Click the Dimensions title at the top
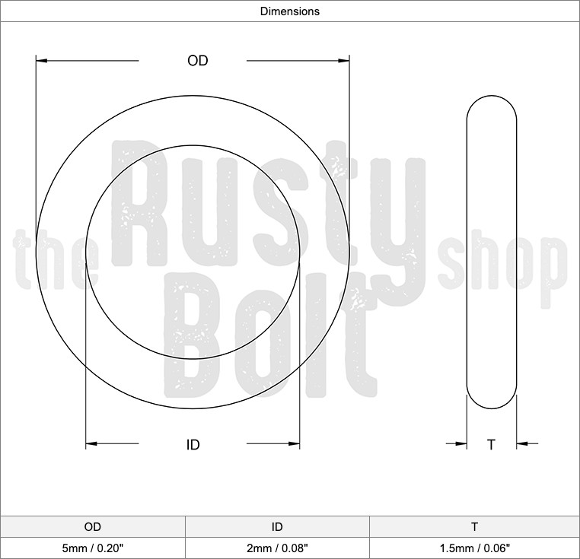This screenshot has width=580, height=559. coord(289,11)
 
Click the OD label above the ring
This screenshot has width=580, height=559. coord(198,61)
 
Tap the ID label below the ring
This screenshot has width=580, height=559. coord(193,445)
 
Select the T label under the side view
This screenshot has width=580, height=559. coord(491,445)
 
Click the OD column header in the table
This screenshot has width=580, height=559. coord(92,526)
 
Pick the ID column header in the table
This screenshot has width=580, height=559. coord(277,526)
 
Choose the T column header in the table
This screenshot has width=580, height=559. coord(474,526)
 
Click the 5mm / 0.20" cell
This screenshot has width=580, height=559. coord(92,547)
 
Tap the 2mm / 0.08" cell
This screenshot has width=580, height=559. coord(277,547)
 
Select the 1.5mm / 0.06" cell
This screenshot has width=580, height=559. coord(474,547)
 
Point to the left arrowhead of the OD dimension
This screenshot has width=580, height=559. coord(42,60)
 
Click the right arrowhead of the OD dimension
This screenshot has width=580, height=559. coord(343,60)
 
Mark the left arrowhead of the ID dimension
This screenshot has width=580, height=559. coord(91,444)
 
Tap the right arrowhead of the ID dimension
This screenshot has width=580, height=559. coord(294,444)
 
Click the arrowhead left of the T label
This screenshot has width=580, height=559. coord(461,444)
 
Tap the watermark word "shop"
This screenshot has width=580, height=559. coord(502,262)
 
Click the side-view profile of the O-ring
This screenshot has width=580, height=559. coord(491,255)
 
